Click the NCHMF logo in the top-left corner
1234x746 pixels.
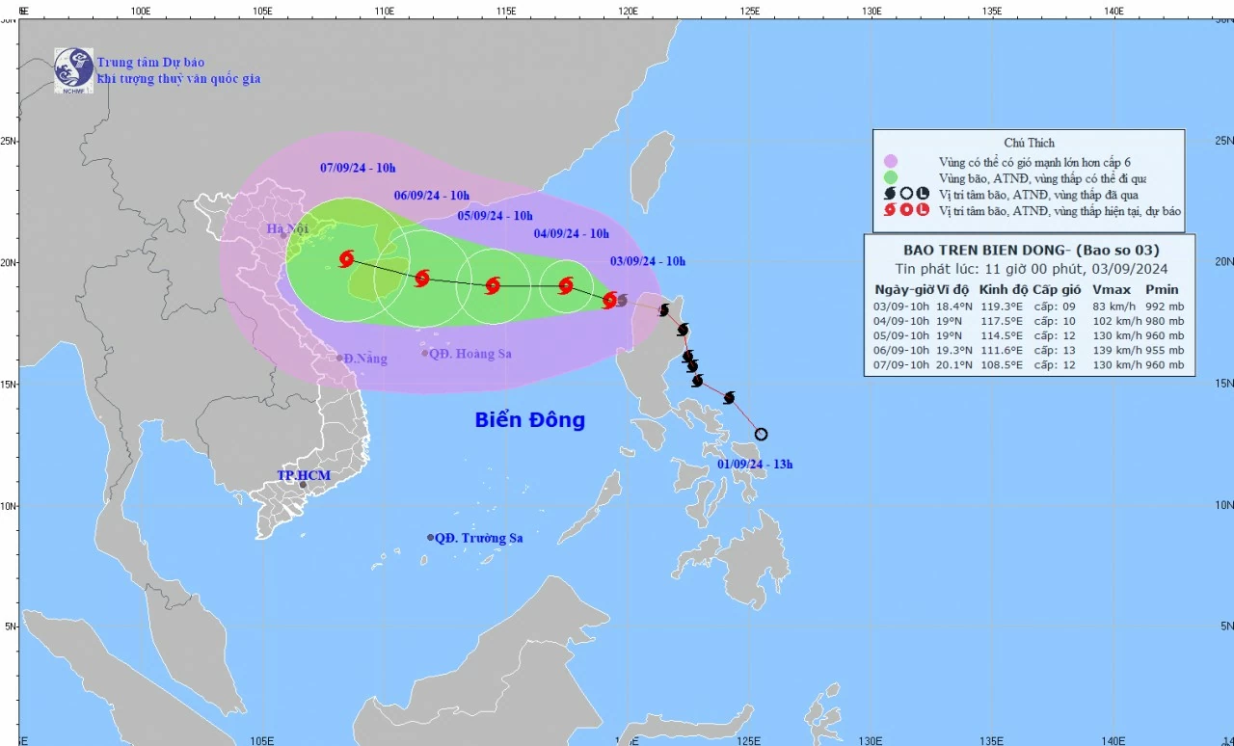[73, 68]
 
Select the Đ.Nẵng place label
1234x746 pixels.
[365, 359]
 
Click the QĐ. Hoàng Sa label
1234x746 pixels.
[469, 354]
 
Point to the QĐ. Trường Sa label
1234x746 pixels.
[478, 538]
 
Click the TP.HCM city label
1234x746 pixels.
[304, 476]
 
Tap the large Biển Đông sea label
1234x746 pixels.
[529, 420]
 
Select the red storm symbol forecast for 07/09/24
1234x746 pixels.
[347, 258]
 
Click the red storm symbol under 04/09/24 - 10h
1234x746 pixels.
[566, 285]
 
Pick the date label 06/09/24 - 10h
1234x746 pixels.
[431, 196]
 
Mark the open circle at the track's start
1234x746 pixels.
[761, 434]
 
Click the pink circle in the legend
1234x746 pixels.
[890, 161]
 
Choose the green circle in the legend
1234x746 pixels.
[890, 177]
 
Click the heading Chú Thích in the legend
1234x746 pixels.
[1029, 143]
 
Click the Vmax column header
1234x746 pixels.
[1111, 289]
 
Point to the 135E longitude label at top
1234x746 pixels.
[992, 11]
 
